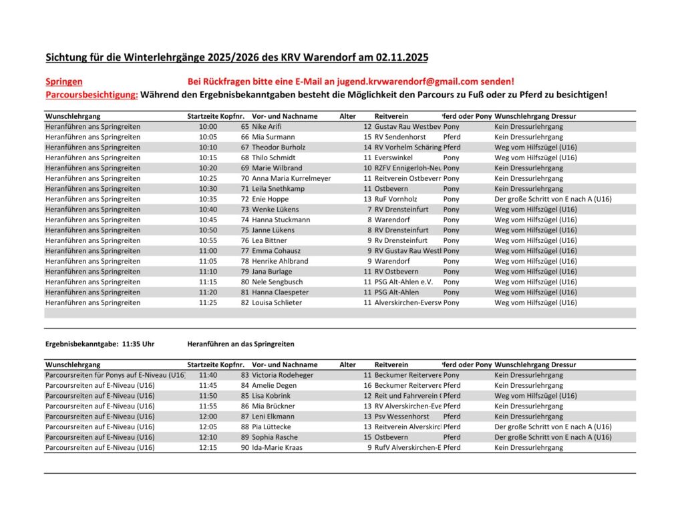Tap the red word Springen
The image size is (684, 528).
(x=64, y=81)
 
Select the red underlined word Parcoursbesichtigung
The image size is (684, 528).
(x=92, y=95)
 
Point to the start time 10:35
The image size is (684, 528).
(x=208, y=199)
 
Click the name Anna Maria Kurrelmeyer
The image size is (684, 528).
(x=291, y=178)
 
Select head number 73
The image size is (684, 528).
(x=244, y=209)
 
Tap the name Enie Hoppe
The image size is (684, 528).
(x=271, y=199)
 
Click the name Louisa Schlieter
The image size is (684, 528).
(x=277, y=302)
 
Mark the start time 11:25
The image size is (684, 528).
(x=208, y=302)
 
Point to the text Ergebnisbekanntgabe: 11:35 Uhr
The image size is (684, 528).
(x=100, y=344)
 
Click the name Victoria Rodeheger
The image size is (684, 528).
(x=282, y=375)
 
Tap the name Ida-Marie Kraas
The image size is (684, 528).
(x=277, y=447)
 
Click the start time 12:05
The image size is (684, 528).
(x=208, y=427)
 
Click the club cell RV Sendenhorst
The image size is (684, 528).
(x=405, y=137)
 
